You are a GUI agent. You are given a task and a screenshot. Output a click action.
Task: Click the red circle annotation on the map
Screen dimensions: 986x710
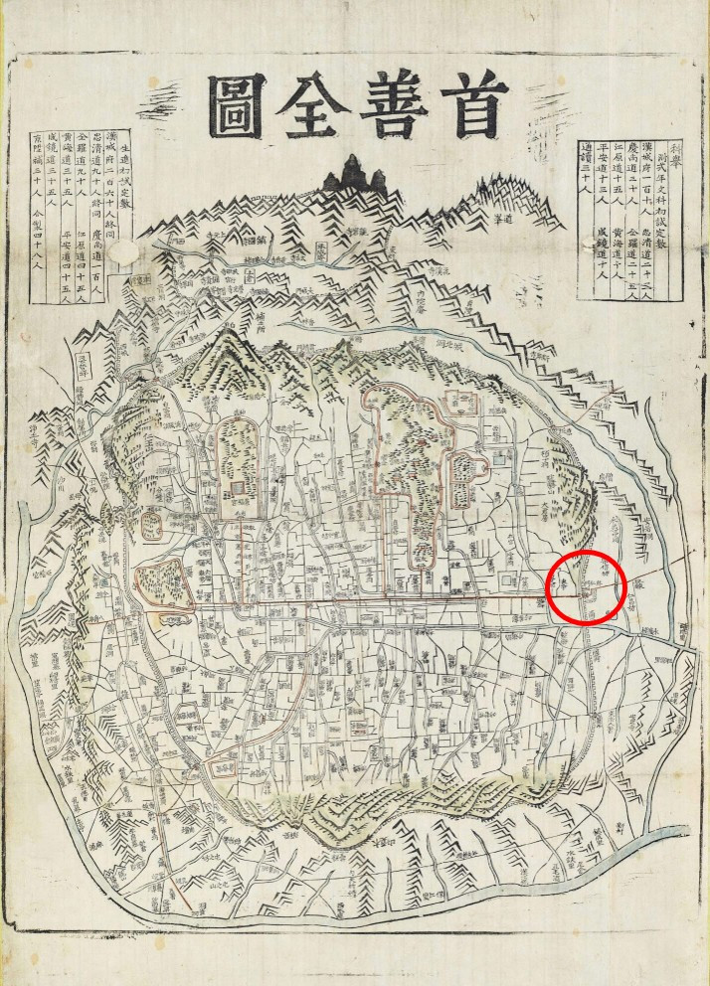[x=586, y=586]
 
